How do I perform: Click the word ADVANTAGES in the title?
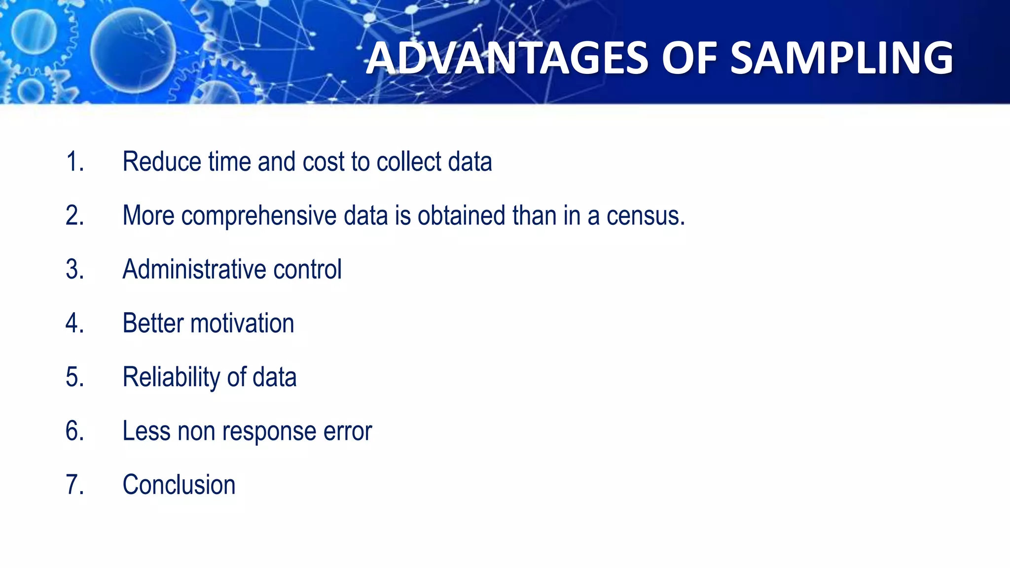507,58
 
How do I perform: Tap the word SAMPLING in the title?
841,58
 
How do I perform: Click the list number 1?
74,162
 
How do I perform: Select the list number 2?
74,215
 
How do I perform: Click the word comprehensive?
259,216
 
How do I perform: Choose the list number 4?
74,323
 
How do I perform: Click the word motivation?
242,323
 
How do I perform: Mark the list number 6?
74,431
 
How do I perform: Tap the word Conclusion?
179,485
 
